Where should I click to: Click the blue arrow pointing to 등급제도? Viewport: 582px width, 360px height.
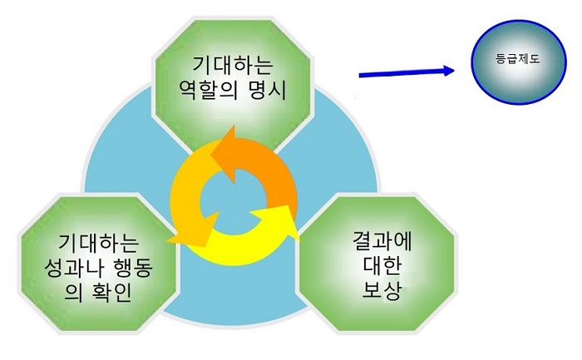407,72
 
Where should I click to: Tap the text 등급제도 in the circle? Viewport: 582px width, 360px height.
518,59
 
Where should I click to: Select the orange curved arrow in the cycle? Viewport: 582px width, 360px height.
256,163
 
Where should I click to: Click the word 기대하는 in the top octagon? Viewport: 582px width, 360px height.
233,65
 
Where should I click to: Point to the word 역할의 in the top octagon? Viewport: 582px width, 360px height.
208,90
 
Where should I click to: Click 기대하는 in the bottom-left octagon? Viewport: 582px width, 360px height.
98,243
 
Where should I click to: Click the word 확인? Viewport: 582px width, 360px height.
111,293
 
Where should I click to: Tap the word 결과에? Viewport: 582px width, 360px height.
382,242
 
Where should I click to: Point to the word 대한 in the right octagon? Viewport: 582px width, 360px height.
382,267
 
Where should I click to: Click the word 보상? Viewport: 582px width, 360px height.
382,290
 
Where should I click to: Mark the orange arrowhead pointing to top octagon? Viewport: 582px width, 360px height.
226,152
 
